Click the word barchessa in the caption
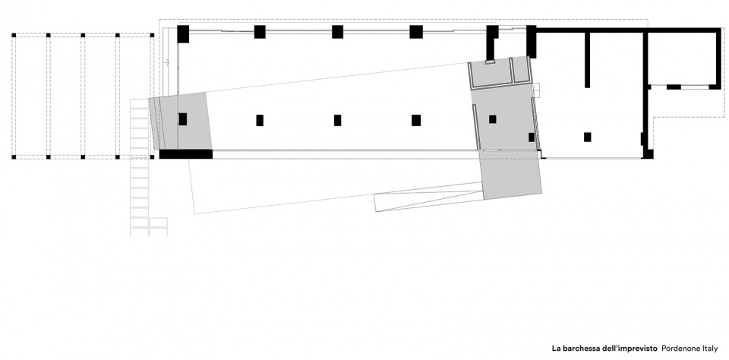click(580, 348)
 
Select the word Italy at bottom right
click(708, 348)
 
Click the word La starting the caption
click(556, 348)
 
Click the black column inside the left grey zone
click(183, 119)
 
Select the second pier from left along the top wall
click(260, 32)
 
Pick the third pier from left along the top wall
click(337, 32)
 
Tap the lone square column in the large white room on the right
click(587, 137)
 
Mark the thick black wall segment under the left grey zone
click(186, 154)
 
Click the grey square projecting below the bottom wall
click(511, 175)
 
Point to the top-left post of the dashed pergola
click(14, 35)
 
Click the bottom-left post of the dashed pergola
click(14, 157)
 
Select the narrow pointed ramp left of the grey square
click(428, 196)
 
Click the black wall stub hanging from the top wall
click(587, 59)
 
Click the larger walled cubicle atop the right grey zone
click(491, 74)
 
